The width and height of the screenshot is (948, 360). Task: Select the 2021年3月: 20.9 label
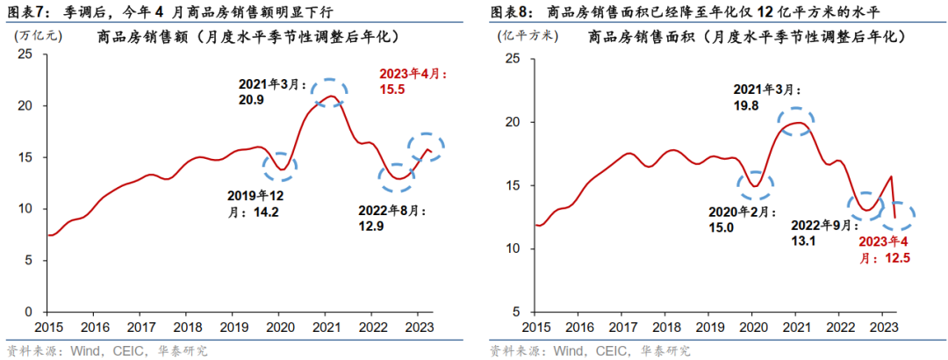click(273, 92)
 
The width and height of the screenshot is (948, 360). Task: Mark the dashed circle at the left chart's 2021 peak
click(329, 92)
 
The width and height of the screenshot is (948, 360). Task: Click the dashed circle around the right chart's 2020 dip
click(753, 184)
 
